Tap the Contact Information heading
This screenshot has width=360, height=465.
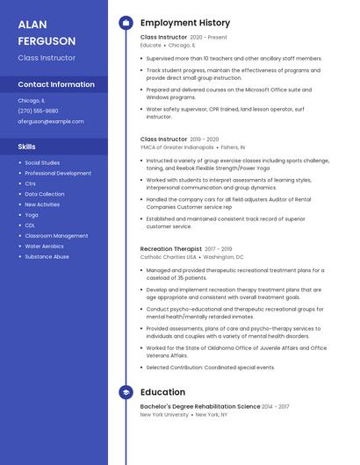click(x=56, y=84)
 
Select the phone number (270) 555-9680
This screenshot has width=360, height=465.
click(x=38, y=111)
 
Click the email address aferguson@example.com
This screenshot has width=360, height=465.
click(x=51, y=121)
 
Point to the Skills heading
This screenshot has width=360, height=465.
click(x=26, y=147)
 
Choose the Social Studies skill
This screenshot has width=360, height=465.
click(x=42, y=162)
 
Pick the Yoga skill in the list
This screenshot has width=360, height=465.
click(x=32, y=215)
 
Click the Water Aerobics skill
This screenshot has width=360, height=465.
click(x=44, y=247)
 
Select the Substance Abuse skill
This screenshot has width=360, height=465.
click(x=47, y=257)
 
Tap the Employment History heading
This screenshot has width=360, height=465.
click(x=185, y=23)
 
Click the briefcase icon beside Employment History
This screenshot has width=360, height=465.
click(x=125, y=23)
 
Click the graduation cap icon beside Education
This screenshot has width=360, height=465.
click(x=125, y=392)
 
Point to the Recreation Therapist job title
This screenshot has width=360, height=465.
click(x=170, y=249)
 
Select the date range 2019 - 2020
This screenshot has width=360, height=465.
click(x=205, y=139)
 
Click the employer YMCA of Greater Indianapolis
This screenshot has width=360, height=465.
click(x=176, y=147)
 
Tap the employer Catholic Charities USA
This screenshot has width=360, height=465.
click(x=169, y=257)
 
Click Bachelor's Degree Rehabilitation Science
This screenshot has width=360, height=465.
click(x=200, y=406)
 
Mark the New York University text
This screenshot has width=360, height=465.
click(x=164, y=414)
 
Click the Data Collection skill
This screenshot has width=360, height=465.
click(x=44, y=194)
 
